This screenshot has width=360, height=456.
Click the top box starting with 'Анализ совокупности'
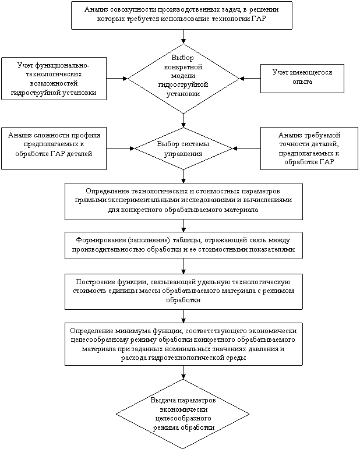pyautogui.click(x=182, y=15)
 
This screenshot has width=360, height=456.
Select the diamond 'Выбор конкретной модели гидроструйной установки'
pyautogui.click(x=183, y=79)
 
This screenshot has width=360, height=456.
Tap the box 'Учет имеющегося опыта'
pyautogui.click(x=302, y=79)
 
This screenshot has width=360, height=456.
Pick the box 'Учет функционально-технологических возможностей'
pyautogui.click(x=54, y=79)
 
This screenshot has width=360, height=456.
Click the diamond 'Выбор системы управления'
pyautogui.click(x=183, y=149)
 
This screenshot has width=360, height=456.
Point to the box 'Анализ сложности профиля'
pyautogui.click(x=54, y=149)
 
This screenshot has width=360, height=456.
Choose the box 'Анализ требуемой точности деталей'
pyautogui.click(x=309, y=149)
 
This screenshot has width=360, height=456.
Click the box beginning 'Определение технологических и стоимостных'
pyautogui.click(x=183, y=202)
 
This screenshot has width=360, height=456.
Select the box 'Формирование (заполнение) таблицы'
pyautogui.click(x=183, y=245)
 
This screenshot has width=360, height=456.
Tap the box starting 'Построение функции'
pyautogui.click(x=183, y=291)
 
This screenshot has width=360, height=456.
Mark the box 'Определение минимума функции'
pyautogui.click(x=183, y=344)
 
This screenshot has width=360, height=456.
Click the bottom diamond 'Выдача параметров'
pyautogui.click(x=182, y=414)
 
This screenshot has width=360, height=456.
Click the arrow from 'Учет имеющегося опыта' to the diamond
pyautogui.click(x=250, y=79)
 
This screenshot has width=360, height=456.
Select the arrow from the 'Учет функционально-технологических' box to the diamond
pyautogui.click(x=117, y=79)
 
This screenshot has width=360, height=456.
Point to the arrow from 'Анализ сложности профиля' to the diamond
pyautogui.click(x=121, y=149)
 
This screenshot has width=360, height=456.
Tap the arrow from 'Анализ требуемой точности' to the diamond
pyautogui.click(x=246, y=149)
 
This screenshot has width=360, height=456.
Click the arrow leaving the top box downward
pyautogui.click(x=183, y=37)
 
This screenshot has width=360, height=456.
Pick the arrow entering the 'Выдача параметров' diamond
pyautogui.click(x=183, y=372)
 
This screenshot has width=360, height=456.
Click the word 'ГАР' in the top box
pyautogui.click(x=259, y=19)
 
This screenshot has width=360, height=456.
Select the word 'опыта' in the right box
pyautogui.click(x=302, y=82)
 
